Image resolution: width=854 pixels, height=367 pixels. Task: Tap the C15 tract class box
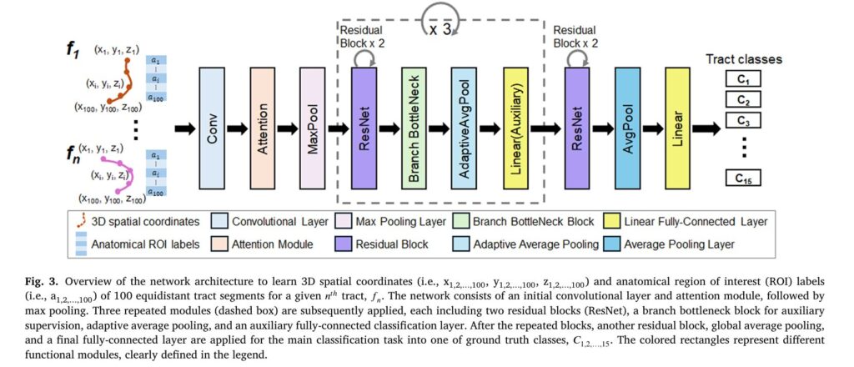[x=744, y=178]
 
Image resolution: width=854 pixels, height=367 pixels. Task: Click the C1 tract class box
[x=744, y=81]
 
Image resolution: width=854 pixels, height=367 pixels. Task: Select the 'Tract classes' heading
[x=744, y=59]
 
